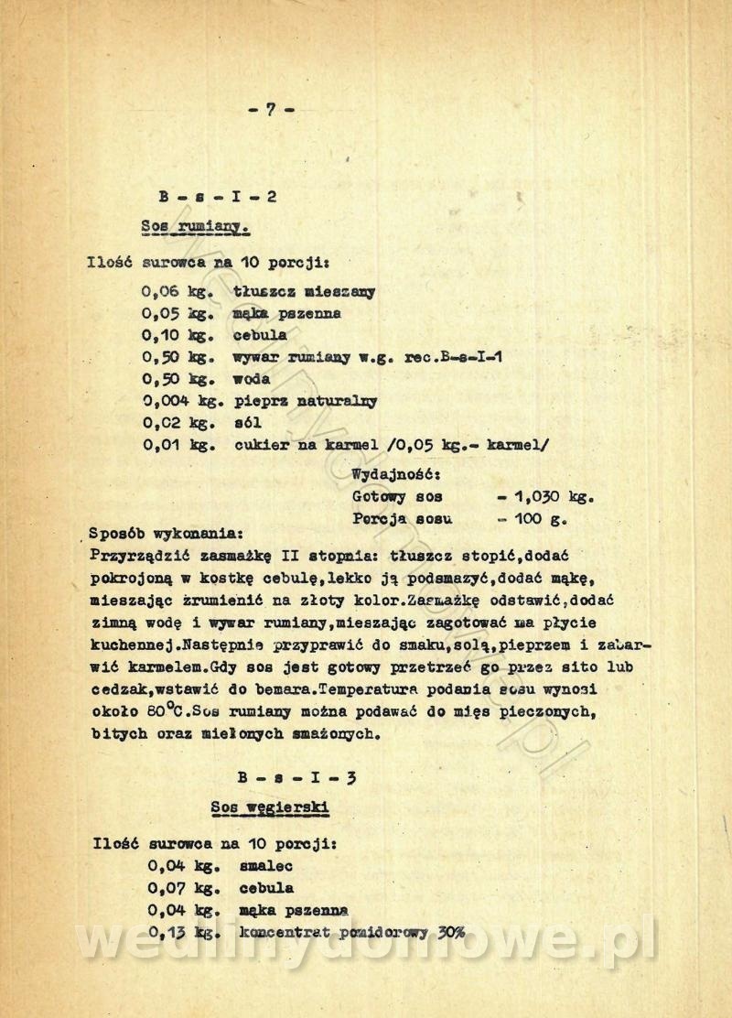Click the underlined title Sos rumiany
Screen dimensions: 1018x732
[x=196, y=225]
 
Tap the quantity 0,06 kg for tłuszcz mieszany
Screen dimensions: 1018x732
[x=177, y=292]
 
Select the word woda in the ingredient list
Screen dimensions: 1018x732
[x=252, y=379]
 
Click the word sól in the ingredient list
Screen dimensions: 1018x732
[x=248, y=423]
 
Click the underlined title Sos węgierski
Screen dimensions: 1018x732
[x=269, y=807]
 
